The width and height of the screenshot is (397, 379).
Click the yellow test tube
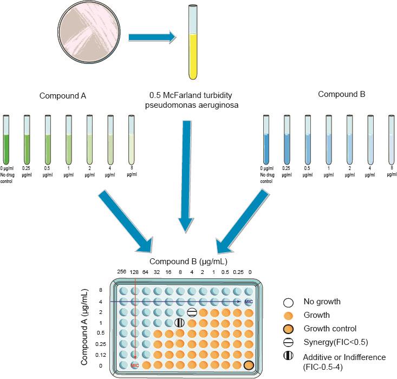coord(192,49)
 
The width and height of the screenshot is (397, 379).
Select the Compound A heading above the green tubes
coord(63,96)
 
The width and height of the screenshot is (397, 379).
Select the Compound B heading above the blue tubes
coord(341,94)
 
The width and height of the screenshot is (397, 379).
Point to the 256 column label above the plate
coord(122,272)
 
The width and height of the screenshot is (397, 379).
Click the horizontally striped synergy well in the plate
coord(192,312)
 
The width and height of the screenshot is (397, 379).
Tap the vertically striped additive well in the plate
coord(180,323)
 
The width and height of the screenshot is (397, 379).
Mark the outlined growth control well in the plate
coord(249,365)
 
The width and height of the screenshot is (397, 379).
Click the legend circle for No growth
coord(290,302)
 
